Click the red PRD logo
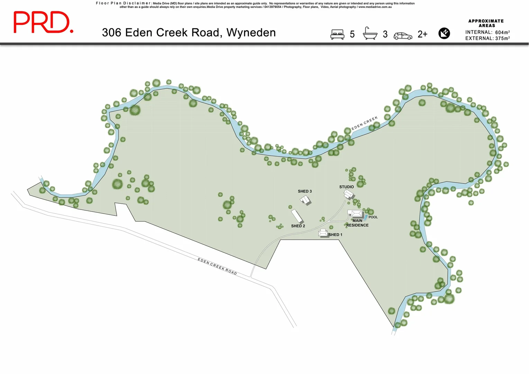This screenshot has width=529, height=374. (x=43, y=22)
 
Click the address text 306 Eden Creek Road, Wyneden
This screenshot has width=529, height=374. (x=189, y=33)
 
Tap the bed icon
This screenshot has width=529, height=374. (x=337, y=34)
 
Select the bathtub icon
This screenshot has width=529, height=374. (x=370, y=34)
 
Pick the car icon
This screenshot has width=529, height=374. (x=403, y=36)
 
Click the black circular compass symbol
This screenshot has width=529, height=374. (x=444, y=33)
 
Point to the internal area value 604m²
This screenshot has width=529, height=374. (x=502, y=32)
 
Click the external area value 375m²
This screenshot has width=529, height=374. (x=502, y=38)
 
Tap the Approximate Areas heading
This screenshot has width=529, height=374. (x=486, y=23)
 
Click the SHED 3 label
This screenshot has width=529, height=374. (x=305, y=191)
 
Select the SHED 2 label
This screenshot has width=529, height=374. (x=298, y=226)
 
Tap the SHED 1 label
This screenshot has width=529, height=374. (x=335, y=235)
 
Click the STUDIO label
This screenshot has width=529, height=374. (x=346, y=187)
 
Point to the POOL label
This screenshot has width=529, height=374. (x=373, y=217)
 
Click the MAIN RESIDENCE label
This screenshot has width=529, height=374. (x=357, y=223)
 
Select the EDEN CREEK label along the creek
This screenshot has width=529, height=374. (x=364, y=123)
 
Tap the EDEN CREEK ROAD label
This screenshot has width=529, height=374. (x=217, y=266)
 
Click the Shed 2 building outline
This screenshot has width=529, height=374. (x=297, y=216)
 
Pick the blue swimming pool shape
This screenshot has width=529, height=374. (x=365, y=217)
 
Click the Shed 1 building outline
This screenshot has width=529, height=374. (x=323, y=233)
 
